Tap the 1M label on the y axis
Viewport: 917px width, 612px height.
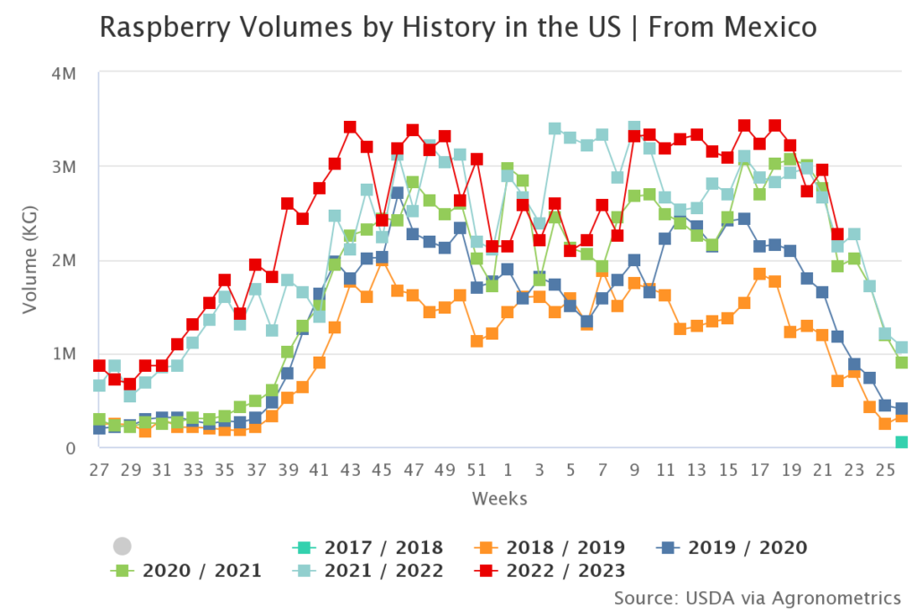pyautogui.click(x=73, y=353)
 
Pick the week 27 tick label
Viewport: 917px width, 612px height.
pyautogui.click(x=99, y=469)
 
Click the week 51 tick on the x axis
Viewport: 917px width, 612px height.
pyautogui.click(x=476, y=469)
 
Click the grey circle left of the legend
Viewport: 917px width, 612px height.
pyautogui.click(x=123, y=547)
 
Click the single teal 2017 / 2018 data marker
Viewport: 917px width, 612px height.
pyautogui.click(x=902, y=442)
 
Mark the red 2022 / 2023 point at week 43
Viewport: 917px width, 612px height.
pyautogui.click(x=350, y=127)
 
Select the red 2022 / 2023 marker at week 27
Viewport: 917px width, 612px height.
pyautogui.click(x=99, y=366)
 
